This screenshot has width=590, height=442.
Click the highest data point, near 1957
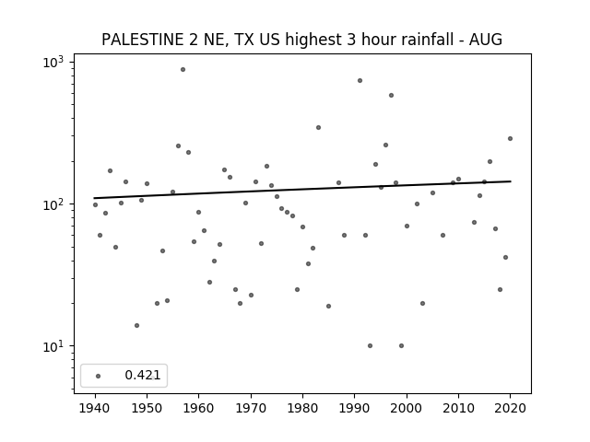(x=183, y=70)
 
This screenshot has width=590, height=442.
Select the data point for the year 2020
(x=510, y=139)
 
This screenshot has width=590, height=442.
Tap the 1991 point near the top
(x=360, y=81)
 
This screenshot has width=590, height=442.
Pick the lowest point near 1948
(x=136, y=325)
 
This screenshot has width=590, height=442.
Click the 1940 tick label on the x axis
(x=95, y=408)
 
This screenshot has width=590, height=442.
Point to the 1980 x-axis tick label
(x=302, y=408)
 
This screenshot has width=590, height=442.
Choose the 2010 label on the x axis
(x=458, y=408)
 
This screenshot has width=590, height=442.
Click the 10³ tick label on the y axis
(x=53, y=62)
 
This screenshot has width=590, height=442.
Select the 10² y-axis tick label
(x=53, y=204)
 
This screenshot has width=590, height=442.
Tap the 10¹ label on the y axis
(x=53, y=346)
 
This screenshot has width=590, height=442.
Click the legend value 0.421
(x=143, y=375)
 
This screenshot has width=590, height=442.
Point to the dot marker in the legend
(x=98, y=376)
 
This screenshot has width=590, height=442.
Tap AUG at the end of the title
(x=486, y=40)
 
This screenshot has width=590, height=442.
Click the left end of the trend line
(x=94, y=198)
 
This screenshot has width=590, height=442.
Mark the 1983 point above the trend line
(x=318, y=128)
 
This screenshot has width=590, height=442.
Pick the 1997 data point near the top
(x=391, y=96)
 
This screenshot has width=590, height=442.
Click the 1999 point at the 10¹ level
(x=402, y=346)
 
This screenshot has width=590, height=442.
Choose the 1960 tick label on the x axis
(x=199, y=408)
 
